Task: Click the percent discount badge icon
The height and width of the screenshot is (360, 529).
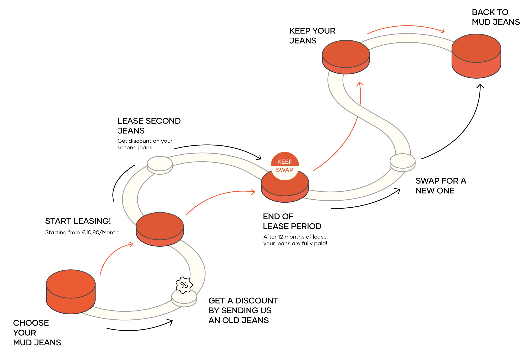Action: (184, 285)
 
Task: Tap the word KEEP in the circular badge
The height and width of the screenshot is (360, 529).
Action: (285, 162)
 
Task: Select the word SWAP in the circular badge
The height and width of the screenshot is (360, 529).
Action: (284, 170)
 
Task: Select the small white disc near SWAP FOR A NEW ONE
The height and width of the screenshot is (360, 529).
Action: (403, 162)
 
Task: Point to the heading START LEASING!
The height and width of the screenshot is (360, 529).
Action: (78, 221)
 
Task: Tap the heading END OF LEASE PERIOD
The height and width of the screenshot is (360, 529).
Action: (292, 221)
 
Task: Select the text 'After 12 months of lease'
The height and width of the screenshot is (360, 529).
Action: (295, 237)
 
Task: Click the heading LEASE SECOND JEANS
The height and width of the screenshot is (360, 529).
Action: (149, 126)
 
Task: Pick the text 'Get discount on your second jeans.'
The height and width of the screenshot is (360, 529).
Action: (145, 144)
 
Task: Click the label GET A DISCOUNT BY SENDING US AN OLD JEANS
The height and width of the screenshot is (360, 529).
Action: (243, 310)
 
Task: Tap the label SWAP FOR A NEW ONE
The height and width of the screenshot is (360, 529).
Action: (440, 186)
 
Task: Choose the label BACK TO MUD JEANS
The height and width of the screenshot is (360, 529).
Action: (495, 17)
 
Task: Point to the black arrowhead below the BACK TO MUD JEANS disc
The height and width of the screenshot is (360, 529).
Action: (480, 86)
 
